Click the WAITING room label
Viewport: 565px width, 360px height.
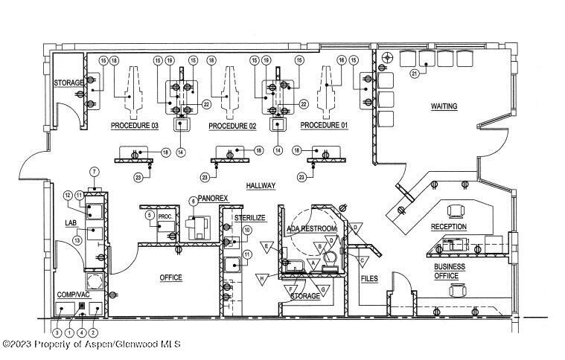click(x=444, y=106)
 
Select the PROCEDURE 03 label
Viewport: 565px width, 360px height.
click(x=135, y=126)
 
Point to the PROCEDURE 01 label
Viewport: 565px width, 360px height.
click(x=324, y=126)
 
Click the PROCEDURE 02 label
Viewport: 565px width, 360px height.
click(x=232, y=126)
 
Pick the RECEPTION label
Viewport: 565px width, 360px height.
click(x=448, y=227)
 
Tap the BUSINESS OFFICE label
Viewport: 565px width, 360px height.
click(x=450, y=271)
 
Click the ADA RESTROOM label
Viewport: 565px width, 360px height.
click(x=312, y=228)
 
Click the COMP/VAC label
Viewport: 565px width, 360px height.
click(x=73, y=295)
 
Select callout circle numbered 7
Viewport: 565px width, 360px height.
click(x=95, y=172)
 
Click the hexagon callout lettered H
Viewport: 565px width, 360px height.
click(x=262, y=278)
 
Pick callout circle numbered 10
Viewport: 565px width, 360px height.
click(x=247, y=231)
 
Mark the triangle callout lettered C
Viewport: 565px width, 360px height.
click(x=363, y=261)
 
